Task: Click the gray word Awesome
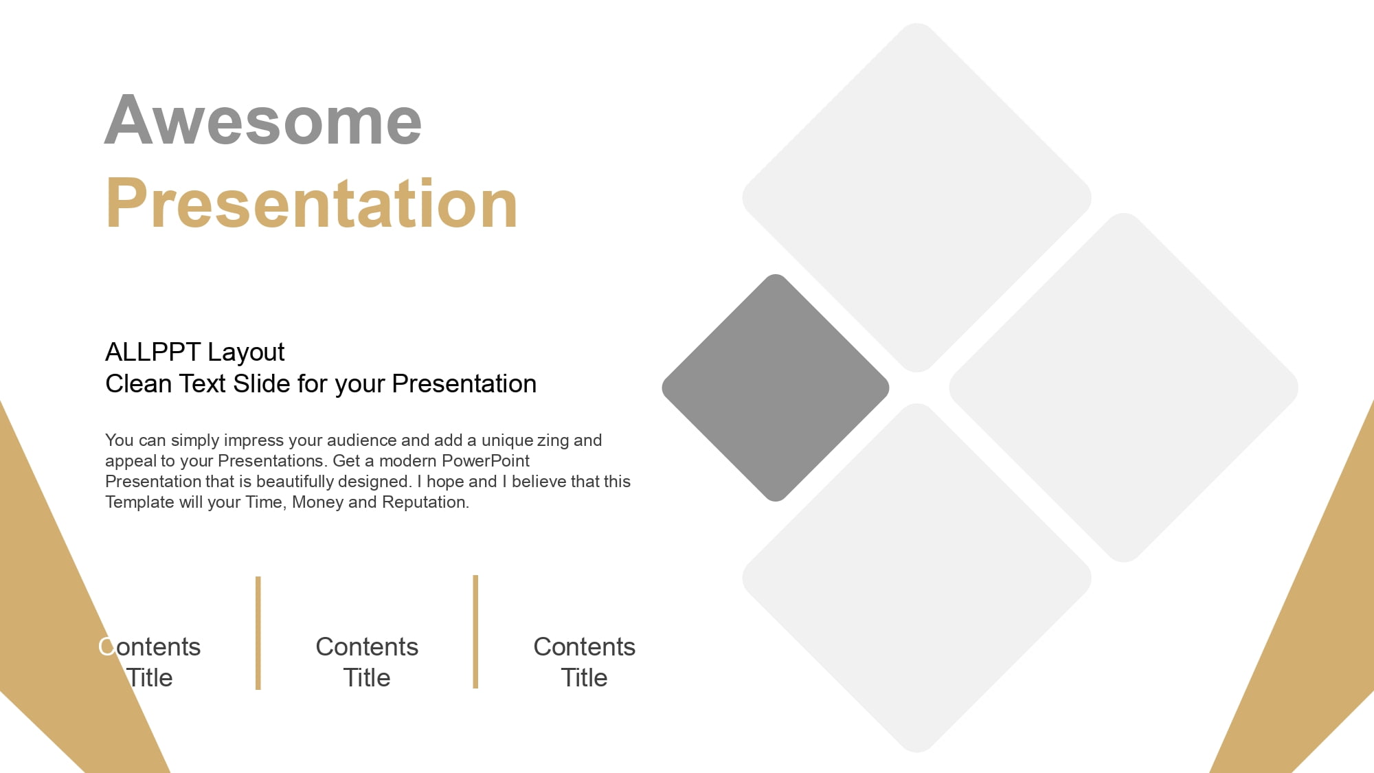pos(263,120)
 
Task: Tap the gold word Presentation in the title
pos(311,203)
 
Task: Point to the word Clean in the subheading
pos(138,383)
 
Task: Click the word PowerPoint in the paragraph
pos(486,460)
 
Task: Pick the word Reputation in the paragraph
pos(425,502)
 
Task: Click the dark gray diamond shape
pos(776,388)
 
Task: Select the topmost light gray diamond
pos(917,198)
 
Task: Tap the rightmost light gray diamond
pos(1124,388)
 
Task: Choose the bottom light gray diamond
pos(917,578)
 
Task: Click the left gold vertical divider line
pos(258,633)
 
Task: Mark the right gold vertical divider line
pos(475,631)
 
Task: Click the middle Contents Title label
pos(367,662)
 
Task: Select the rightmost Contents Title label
pos(585,662)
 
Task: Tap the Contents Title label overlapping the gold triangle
pos(150,662)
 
